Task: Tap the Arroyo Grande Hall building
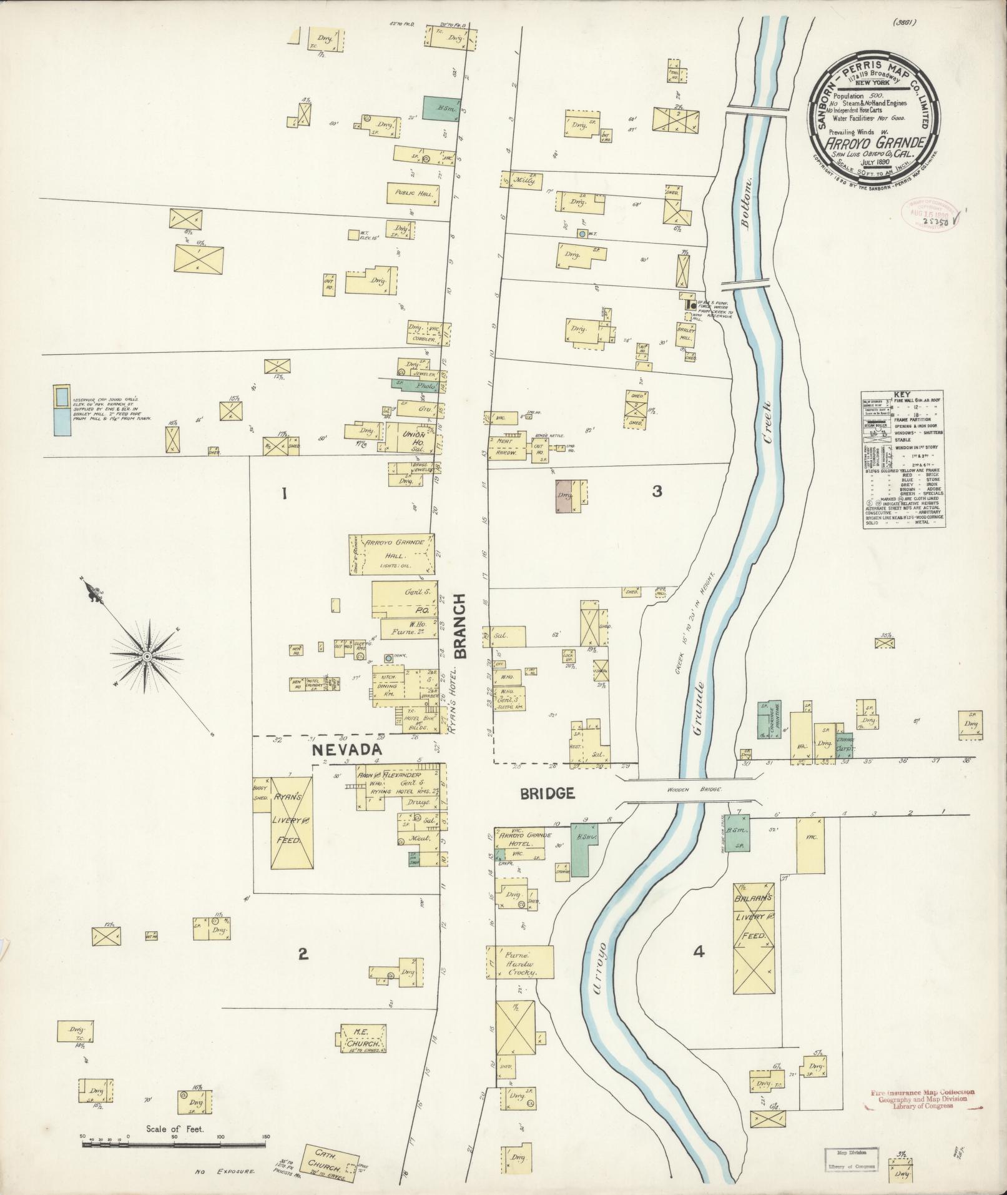click(x=391, y=554)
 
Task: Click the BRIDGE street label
click(x=547, y=793)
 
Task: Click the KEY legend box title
click(x=901, y=395)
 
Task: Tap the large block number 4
click(x=699, y=969)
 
